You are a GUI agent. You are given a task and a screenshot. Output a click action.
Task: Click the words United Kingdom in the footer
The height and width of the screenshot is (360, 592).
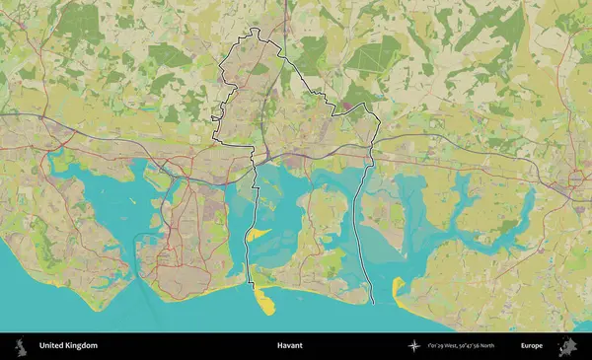[x=68, y=346]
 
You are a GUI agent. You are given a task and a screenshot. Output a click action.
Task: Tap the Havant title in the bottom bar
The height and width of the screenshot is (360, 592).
[x=290, y=346]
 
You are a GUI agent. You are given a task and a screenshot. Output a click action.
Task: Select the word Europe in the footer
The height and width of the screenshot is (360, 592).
[x=532, y=346]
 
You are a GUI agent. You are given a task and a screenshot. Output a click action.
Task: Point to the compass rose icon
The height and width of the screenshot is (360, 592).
[x=414, y=346]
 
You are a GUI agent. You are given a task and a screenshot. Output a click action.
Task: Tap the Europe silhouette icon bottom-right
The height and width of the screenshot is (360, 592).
[x=569, y=346]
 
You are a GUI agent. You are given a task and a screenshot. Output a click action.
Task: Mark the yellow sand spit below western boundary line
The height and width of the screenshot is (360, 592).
[x=263, y=301]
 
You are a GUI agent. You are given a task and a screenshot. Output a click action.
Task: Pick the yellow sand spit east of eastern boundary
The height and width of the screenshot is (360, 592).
[x=398, y=287]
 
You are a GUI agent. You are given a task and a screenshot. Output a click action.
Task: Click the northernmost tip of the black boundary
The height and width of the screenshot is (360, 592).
[x=255, y=29]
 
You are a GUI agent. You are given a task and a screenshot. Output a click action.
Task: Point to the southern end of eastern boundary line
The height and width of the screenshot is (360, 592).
[x=373, y=299]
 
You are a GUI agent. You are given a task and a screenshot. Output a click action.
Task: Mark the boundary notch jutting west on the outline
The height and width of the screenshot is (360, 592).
[x=214, y=119]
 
